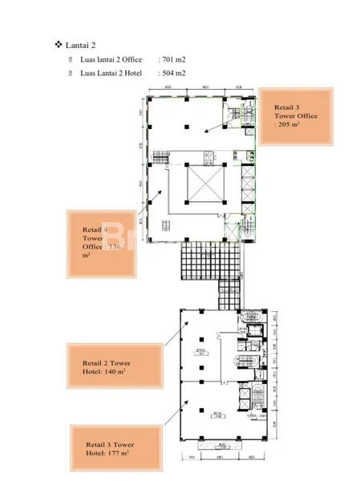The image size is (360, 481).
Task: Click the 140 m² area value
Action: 118,373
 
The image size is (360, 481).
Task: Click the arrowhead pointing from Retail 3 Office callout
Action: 204,131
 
